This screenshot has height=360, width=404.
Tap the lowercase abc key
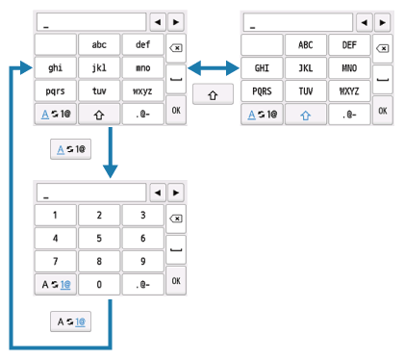[99, 44]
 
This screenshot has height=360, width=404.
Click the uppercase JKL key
[307, 68]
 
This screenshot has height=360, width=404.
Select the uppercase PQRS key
[262, 91]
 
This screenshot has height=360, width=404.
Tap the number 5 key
[99, 237]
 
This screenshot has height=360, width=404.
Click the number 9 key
[142, 261]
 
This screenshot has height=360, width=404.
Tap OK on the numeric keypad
[175, 280]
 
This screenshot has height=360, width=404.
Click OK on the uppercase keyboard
[383, 111]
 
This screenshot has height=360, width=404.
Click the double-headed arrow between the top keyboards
[211, 67]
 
